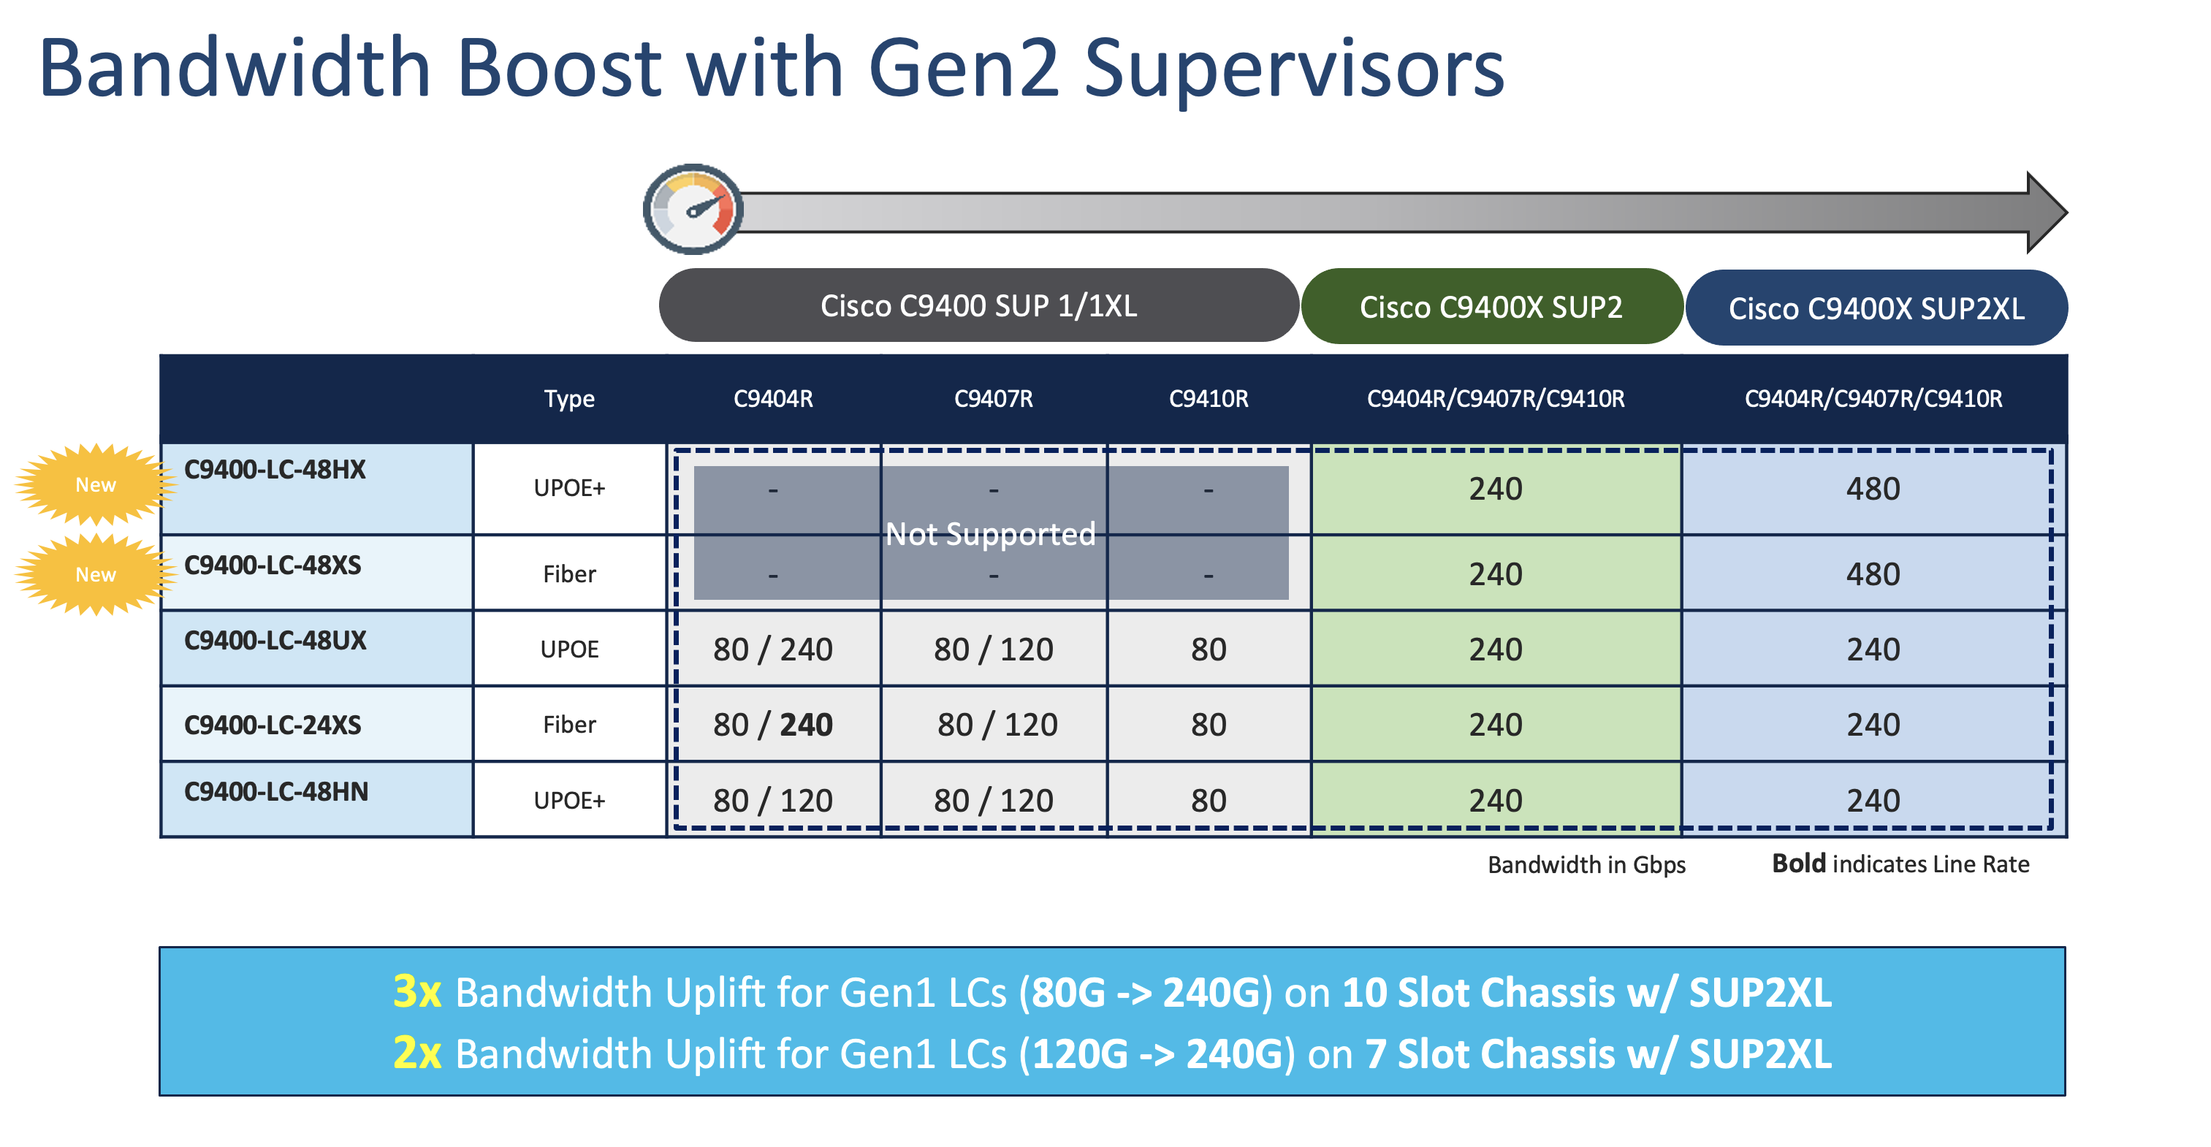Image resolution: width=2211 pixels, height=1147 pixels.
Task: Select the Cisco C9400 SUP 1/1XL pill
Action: click(978, 306)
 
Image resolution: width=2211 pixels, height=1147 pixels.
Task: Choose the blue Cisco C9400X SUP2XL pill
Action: click(1876, 309)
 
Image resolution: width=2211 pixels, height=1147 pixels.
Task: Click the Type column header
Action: click(569, 399)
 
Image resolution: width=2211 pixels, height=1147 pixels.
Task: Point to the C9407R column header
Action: click(993, 399)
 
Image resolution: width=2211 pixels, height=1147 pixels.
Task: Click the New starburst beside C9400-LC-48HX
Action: click(95, 484)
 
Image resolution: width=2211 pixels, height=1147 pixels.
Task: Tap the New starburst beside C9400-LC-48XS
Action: click(95, 575)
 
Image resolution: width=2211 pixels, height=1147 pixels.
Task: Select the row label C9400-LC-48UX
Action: click(275, 641)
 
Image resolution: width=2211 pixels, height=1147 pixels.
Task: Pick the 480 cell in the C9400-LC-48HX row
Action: click(1872, 489)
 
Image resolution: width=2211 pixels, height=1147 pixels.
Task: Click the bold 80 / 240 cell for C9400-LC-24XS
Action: click(772, 725)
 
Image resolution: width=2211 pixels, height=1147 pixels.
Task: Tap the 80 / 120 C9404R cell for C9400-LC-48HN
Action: click(772, 801)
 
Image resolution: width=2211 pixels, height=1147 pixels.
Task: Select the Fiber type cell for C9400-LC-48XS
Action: click(569, 575)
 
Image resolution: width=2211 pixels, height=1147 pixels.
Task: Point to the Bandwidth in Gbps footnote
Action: click(1586, 865)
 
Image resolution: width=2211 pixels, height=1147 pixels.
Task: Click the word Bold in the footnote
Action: click(1798, 864)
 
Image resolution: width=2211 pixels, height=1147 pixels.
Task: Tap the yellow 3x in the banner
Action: click(417, 993)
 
